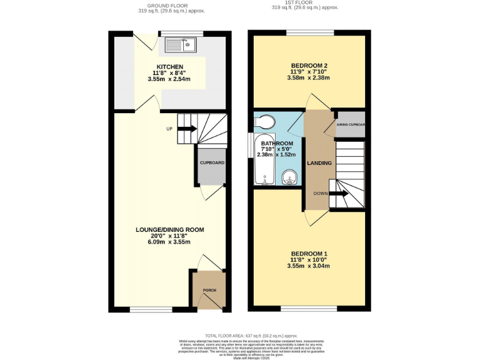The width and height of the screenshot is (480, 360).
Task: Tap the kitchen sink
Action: pos(180,44)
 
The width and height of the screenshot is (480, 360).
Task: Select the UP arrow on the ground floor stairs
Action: pos(186,129)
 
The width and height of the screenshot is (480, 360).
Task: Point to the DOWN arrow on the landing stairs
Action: pos(338,194)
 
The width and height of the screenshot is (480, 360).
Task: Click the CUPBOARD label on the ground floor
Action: pos(211,163)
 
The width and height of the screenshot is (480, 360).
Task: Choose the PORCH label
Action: pos(209,289)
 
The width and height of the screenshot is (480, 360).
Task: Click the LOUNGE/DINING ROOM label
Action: pos(170,229)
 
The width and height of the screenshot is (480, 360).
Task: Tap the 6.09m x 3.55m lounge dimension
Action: pos(170,242)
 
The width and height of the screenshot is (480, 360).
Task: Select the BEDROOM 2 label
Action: pos(309,65)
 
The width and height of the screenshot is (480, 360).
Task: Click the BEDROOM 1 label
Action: pos(309,253)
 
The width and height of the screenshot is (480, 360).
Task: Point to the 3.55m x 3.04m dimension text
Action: pos(309,266)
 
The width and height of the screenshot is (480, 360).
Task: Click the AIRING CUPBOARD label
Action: pos(351,124)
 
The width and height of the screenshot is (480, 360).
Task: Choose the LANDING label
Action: pos(319,163)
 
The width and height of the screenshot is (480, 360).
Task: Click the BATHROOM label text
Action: pos(276,143)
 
